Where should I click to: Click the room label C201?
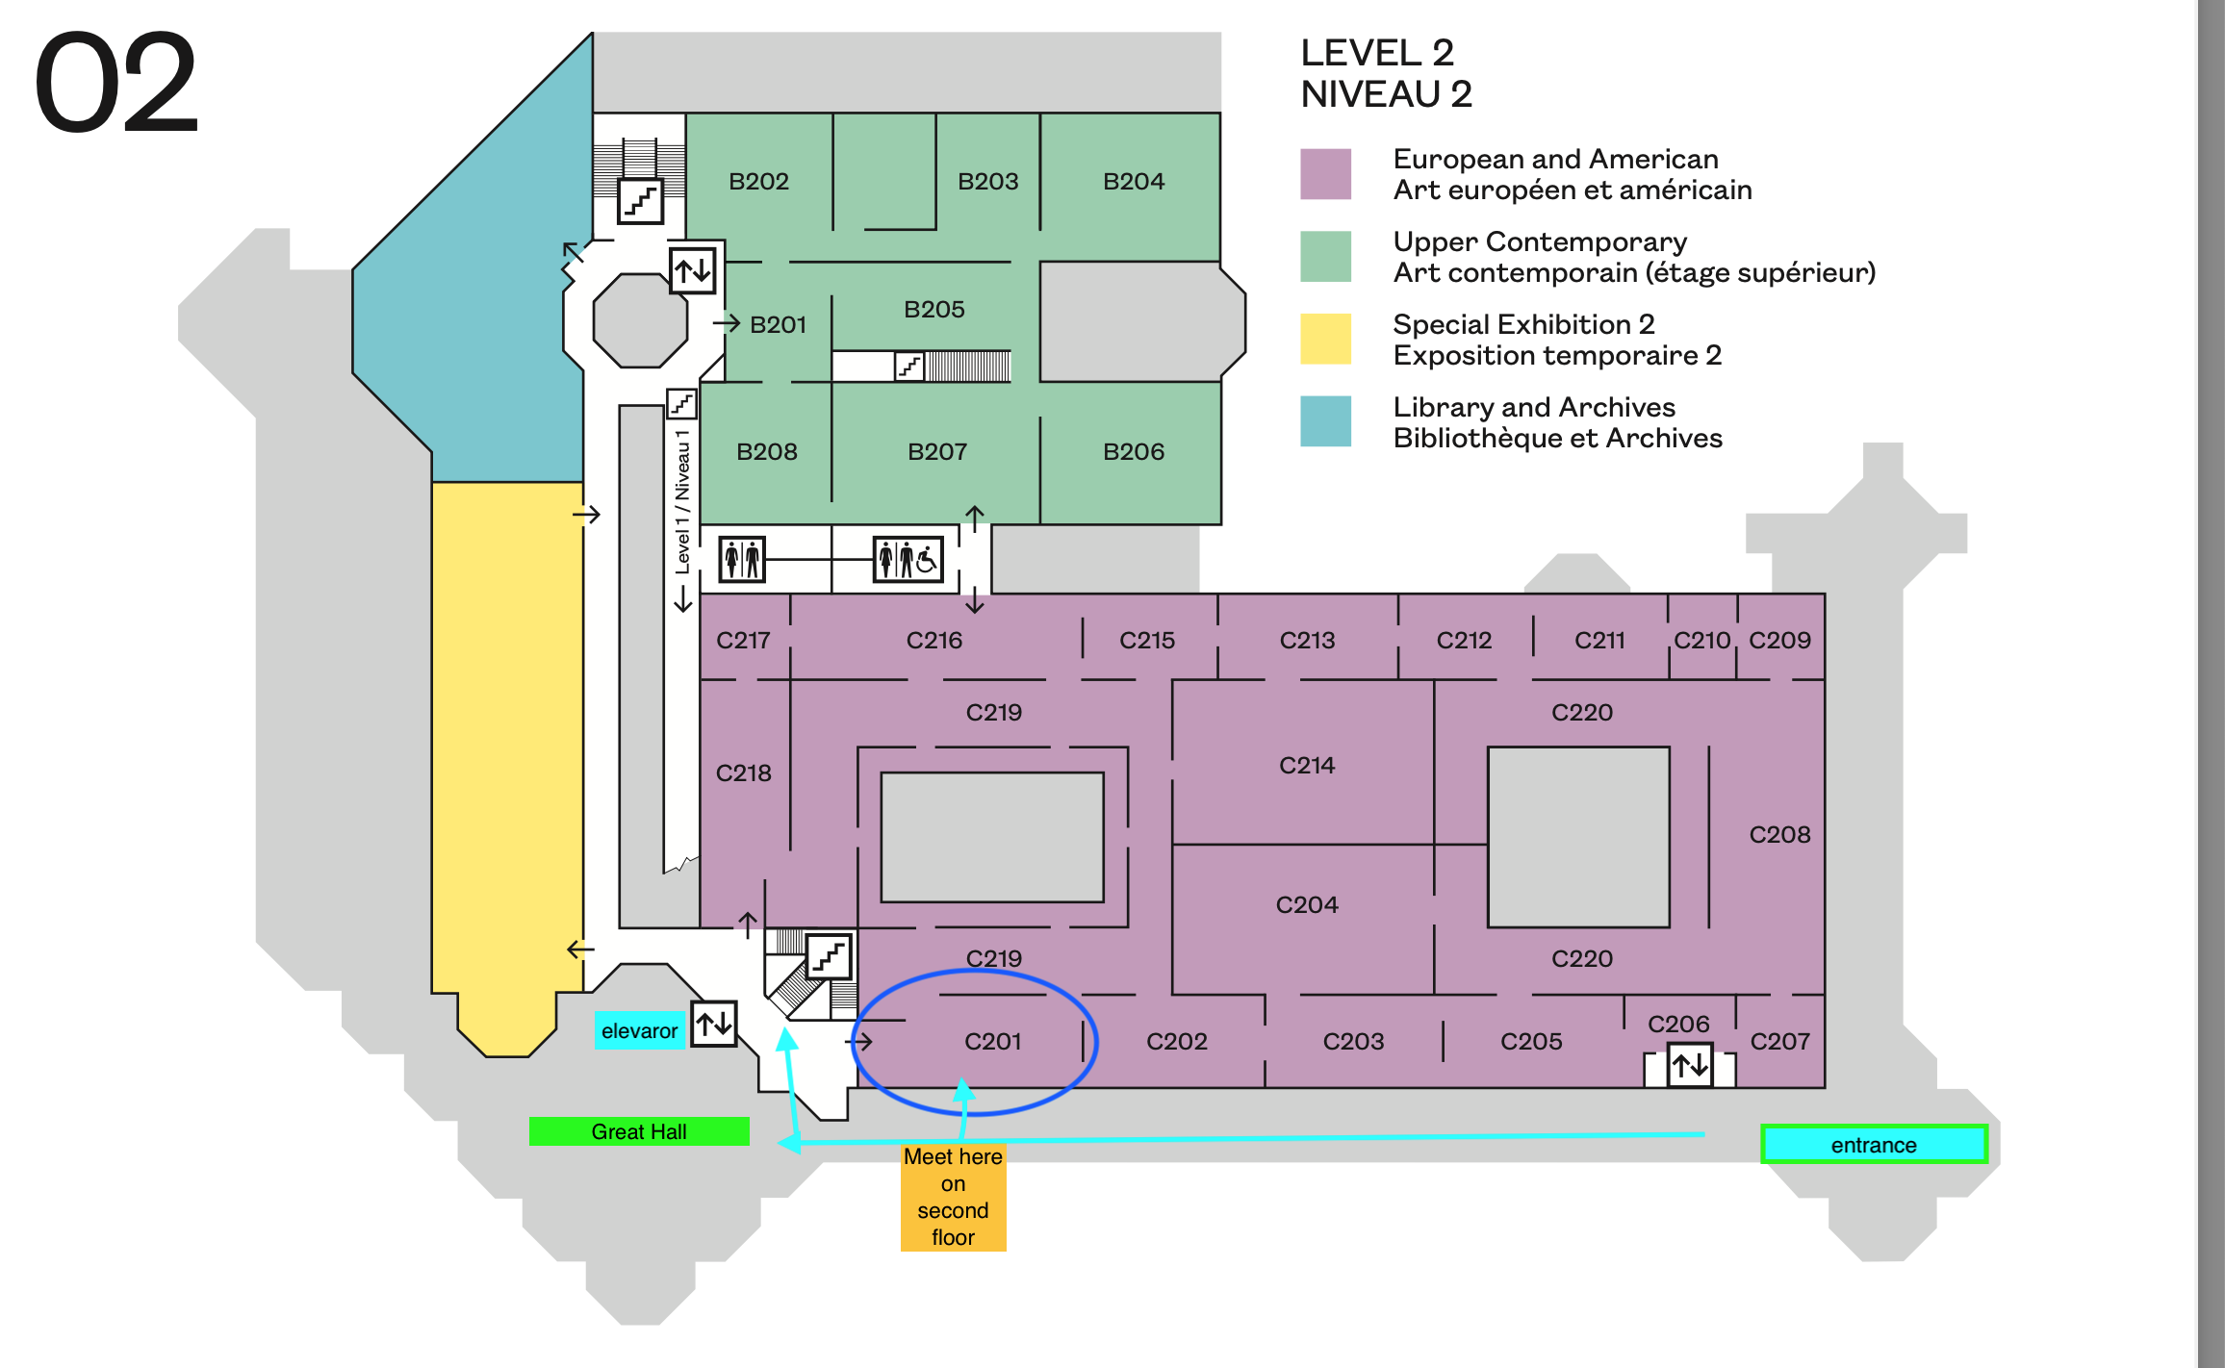(x=992, y=1041)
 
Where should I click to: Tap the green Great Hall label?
(x=639, y=1131)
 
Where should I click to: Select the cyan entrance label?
(x=1873, y=1145)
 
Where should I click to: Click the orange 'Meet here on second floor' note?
(x=953, y=1197)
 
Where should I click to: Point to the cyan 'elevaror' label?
(x=639, y=1031)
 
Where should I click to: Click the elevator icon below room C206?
(x=1690, y=1066)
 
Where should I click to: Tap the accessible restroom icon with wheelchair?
(x=908, y=559)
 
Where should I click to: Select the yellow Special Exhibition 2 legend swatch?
(x=1325, y=339)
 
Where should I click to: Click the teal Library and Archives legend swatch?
(x=1325, y=421)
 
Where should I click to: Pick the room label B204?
(x=1133, y=181)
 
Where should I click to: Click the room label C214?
(x=1306, y=765)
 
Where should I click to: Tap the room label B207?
(x=936, y=451)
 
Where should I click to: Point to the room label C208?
(x=1779, y=834)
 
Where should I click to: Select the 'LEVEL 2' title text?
(x=1376, y=53)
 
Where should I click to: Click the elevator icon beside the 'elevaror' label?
(x=714, y=1024)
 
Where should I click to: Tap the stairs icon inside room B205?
(x=908, y=367)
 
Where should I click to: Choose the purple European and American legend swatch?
(x=1325, y=173)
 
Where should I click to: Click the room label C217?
(x=743, y=640)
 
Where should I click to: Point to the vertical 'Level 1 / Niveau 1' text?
(x=682, y=500)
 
